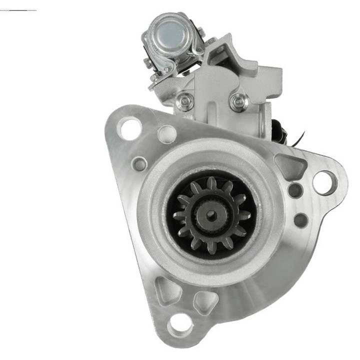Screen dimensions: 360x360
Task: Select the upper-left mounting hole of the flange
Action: point(129,127)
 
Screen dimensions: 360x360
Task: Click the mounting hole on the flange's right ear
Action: point(324,182)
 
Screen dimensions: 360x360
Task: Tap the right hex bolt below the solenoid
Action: point(238,102)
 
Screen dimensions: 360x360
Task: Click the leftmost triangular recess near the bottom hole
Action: point(168,289)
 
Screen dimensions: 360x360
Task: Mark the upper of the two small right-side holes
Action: point(295,190)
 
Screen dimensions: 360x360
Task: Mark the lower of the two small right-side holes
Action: point(300,219)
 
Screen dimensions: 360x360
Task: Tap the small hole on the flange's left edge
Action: point(140,163)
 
